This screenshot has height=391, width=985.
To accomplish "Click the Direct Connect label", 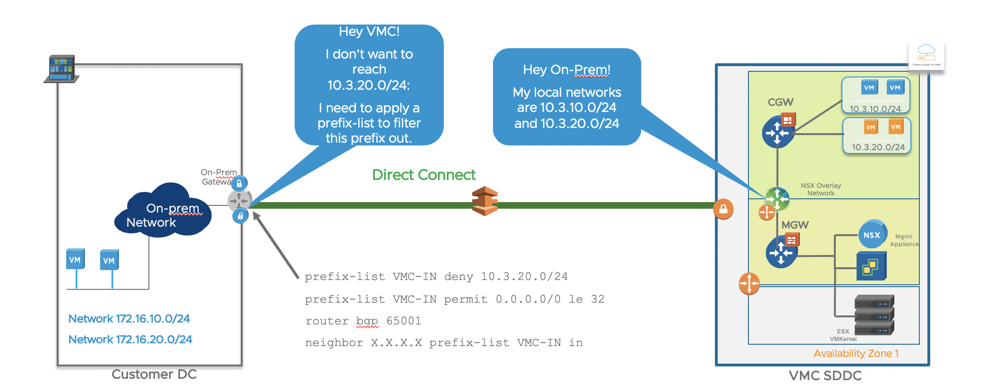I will pyautogui.click(x=424, y=175).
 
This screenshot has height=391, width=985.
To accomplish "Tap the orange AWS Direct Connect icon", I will pyautogui.click(x=485, y=201).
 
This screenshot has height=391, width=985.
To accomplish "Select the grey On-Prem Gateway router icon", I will pyautogui.click(x=239, y=200).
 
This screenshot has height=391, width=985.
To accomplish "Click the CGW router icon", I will pyautogui.click(x=778, y=132).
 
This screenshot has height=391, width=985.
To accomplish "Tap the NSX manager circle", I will pyautogui.click(x=872, y=235).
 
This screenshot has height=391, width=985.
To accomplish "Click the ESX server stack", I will pyautogui.click(x=874, y=314).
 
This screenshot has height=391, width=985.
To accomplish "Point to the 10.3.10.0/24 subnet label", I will pyautogui.click(x=875, y=109).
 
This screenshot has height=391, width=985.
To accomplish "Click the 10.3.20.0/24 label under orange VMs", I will pyautogui.click(x=878, y=147).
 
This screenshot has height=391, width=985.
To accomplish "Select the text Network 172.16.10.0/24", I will pyautogui.click(x=129, y=319).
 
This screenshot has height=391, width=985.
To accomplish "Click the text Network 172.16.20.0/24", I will pyautogui.click(x=130, y=340).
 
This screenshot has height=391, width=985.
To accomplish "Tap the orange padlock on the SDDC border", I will pyautogui.click(x=723, y=209).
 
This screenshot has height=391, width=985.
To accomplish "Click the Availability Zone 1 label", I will pyautogui.click(x=856, y=353).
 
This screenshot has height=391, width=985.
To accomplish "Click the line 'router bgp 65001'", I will pyautogui.click(x=363, y=321).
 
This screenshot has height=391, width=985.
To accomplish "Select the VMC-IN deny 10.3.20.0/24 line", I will pyautogui.click(x=436, y=277).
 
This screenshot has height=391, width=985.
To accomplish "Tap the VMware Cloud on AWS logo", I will pyautogui.click(x=926, y=56).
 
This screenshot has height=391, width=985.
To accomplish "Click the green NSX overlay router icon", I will pyautogui.click(x=777, y=198).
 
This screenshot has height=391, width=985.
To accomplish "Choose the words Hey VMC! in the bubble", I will pyautogui.click(x=369, y=32).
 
